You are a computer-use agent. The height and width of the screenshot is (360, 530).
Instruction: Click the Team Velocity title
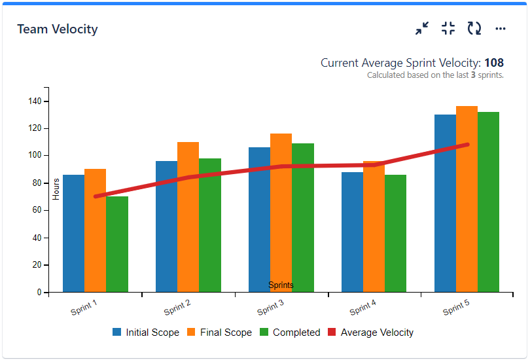[x=58, y=29]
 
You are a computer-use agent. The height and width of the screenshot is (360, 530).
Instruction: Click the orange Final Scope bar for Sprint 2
[x=188, y=217]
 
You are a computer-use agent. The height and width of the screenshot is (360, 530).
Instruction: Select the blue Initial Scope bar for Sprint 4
[x=352, y=232]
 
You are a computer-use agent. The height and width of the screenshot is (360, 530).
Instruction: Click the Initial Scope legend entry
[x=146, y=333]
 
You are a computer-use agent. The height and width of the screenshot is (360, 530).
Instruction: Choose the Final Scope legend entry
[x=220, y=333]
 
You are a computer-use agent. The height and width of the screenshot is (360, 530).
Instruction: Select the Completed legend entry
[x=290, y=333]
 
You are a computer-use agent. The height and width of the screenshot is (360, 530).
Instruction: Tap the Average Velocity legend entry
[x=370, y=333]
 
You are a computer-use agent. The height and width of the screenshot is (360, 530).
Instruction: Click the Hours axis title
[x=56, y=189]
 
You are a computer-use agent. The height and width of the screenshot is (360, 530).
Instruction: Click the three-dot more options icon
[x=501, y=28]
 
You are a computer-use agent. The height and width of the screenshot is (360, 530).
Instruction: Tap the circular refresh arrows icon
[x=474, y=28]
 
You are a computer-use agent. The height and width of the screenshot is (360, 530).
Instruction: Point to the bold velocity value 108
[x=494, y=63]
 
